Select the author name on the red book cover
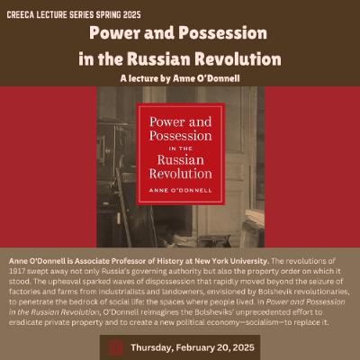(x=179, y=190)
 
